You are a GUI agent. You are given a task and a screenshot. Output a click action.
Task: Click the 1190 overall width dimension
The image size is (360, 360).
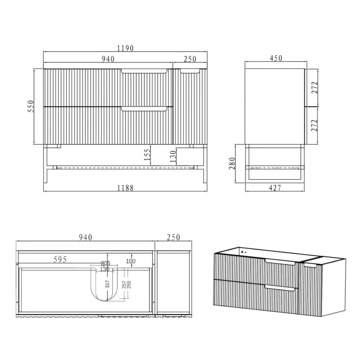[x=125, y=48]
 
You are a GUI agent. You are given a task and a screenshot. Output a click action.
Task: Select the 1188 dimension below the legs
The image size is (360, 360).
[x=125, y=188]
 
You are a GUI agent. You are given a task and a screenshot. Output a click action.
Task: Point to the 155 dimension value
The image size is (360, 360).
[x=147, y=155]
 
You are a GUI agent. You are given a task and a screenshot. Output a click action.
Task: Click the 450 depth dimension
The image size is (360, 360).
[x=276, y=58]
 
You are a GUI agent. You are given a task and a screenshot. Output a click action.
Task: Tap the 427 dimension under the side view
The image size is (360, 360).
[x=275, y=188]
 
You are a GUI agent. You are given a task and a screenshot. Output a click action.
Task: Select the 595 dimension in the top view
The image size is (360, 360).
[x=60, y=259]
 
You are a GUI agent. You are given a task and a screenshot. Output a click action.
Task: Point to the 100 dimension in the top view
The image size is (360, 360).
[x=130, y=261]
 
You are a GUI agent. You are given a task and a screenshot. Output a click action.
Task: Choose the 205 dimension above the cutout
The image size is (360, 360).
[x=105, y=263]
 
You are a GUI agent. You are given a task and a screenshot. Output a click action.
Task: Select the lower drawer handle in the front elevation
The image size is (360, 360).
[x=144, y=109]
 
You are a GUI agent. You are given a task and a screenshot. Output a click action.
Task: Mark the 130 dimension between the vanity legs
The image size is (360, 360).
[x=173, y=156]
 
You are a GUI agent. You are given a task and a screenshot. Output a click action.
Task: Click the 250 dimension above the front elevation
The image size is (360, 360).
[x=190, y=59]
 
